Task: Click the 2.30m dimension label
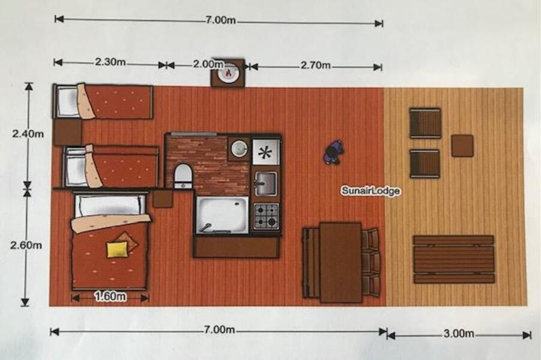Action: pyautogui.click(x=110, y=62)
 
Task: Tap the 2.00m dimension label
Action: pyautogui.click(x=208, y=64)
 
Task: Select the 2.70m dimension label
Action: pyautogui.click(x=315, y=65)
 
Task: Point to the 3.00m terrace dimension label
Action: pyautogui.click(x=459, y=334)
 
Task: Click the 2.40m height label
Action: pyautogui.click(x=28, y=133)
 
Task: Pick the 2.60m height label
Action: pyautogui.click(x=26, y=245)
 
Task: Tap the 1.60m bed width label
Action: pyautogui.click(x=110, y=296)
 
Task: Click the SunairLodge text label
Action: pyautogui.click(x=371, y=191)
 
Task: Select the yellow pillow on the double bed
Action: pyautogui.click(x=117, y=250)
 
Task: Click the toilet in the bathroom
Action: pyautogui.click(x=183, y=176)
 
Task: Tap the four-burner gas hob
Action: pyautogui.click(x=266, y=216)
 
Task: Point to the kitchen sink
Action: pyautogui.click(x=265, y=183)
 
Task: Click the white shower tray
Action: pyautogui.click(x=222, y=215)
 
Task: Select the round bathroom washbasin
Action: pyautogui.click(x=239, y=148)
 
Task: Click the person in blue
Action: pyautogui.click(x=334, y=152)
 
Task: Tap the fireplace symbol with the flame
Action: pyautogui.click(x=228, y=73)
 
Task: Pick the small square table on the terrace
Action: pyautogui.click(x=462, y=146)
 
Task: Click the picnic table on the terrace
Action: pyautogui.click(x=454, y=259)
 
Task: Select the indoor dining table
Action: pyautogui.click(x=340, y=263)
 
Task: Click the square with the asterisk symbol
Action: pyautogui.click(x=265, y=152)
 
